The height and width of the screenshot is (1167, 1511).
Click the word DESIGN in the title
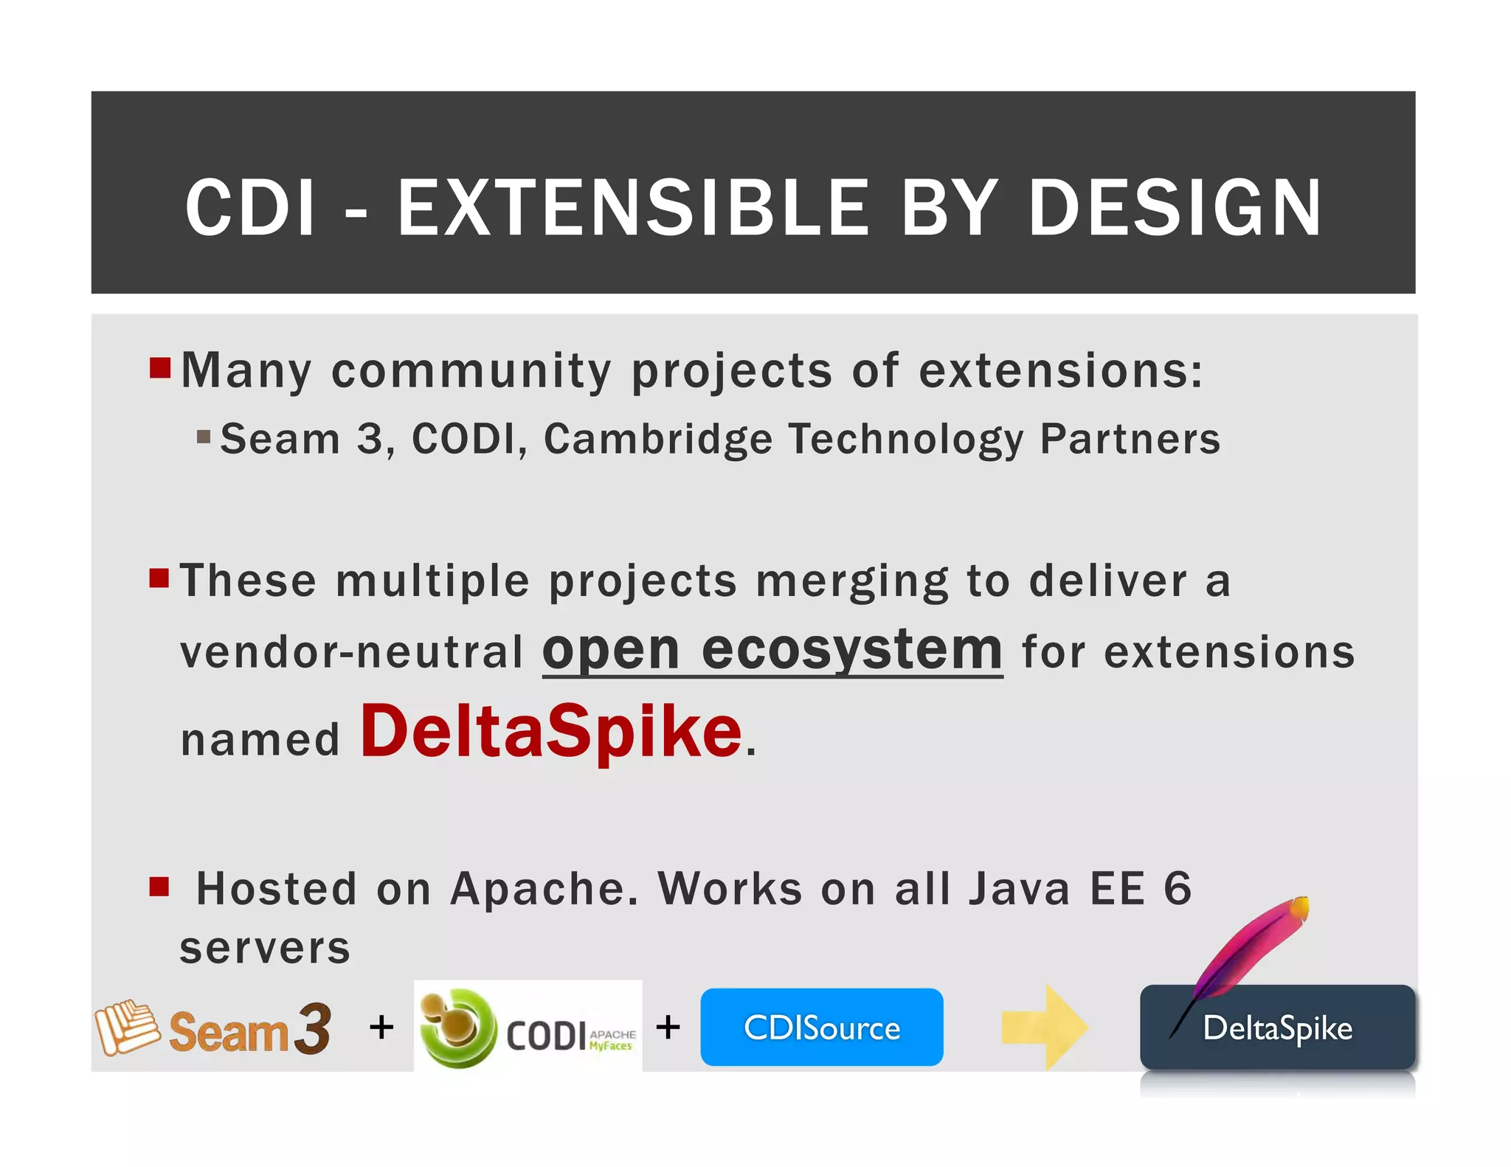[x=1174, y=209]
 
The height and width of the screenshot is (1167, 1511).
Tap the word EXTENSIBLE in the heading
[x=633, y=209]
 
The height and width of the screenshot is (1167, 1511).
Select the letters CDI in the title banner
[x=250, y=209]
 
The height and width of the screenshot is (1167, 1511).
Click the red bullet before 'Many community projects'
[x=159, y=367]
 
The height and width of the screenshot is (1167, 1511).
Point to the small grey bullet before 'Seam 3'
[x=204, y=437]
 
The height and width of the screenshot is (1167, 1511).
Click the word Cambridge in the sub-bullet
[x=657, y=440]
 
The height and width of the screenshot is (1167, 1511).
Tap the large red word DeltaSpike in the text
[x=550, y=732]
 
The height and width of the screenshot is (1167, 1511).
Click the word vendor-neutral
[x=351, y=654]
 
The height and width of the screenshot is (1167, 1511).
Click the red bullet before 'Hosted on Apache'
[x=159, y=886]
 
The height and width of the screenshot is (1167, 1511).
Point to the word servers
[x=265, y=949]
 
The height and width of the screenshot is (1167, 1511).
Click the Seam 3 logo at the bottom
[x=213, y=1028]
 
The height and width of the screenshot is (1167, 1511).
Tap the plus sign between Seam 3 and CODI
[x=381, y=1028]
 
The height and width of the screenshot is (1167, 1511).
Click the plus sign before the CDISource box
[x=668, y=1027]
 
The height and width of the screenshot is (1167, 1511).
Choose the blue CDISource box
[x=821, y=1028]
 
